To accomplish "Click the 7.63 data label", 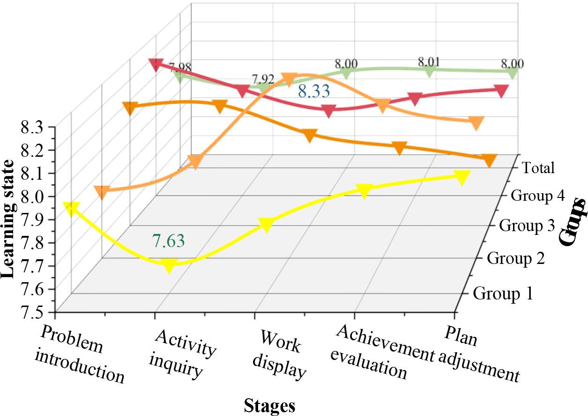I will (168, 241).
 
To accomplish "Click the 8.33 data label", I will (314, 91).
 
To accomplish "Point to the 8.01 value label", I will (430, 61).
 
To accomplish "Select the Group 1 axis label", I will (503, 294).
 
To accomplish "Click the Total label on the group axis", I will (539, 168).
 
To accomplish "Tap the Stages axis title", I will (269, 406).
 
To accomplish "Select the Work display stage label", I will (280, 354).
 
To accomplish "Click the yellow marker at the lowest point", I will (169, 266).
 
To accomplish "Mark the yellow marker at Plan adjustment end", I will (462, 177).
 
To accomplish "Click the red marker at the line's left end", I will (155, 64).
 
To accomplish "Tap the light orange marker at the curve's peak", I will (289, 78).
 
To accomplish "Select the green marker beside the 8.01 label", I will (429, 71).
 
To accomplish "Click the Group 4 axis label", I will (537, 195).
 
